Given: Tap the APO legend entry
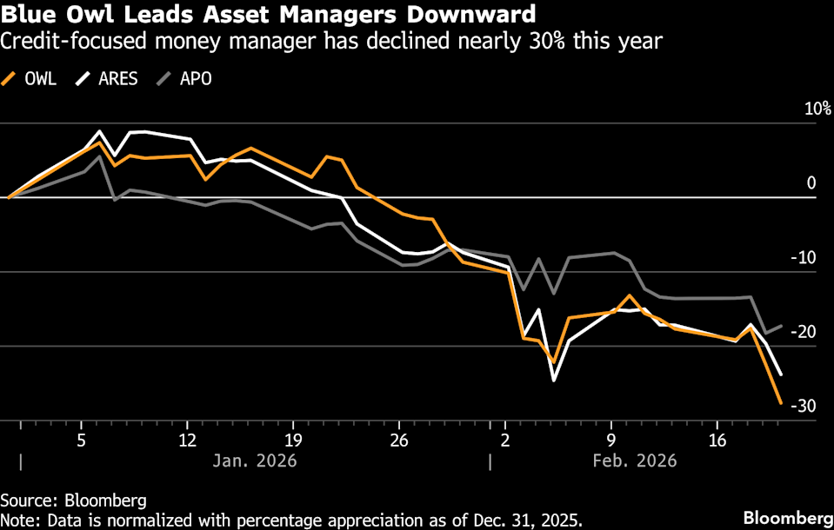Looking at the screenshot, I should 184,79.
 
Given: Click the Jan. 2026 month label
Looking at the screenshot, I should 255,460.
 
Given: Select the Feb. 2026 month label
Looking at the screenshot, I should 634,460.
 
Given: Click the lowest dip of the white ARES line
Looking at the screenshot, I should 553,381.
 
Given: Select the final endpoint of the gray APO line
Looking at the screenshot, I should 781,326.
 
